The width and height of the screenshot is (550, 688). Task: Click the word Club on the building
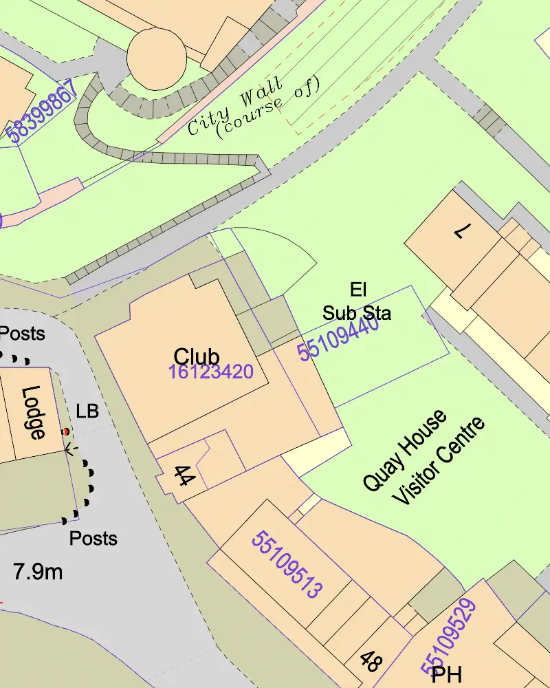[197, 356]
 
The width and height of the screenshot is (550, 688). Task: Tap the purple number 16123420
[211, 372]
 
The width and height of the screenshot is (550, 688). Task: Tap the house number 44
[181, 475]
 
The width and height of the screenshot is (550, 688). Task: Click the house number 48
[370, 662]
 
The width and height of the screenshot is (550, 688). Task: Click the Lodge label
[34, 412]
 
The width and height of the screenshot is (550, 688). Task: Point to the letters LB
[87, 411]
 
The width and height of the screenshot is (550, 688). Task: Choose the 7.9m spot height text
[38, 571]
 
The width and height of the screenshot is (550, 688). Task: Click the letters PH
[446, 675]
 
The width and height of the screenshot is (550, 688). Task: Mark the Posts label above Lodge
[22, 334]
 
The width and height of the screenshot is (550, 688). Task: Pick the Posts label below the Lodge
[93, 538]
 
